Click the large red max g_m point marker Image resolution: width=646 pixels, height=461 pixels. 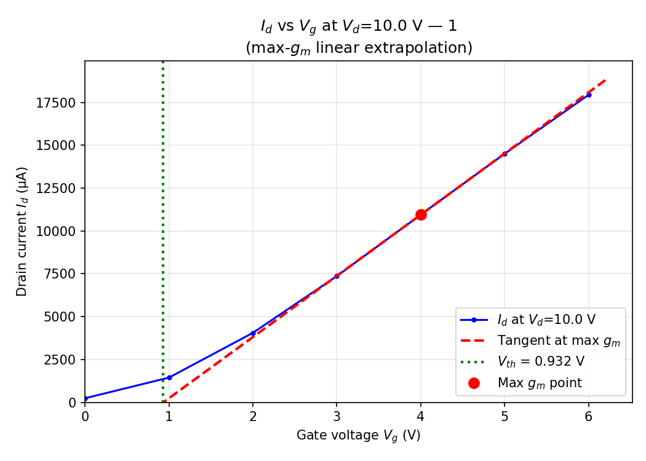(x=421, y=215)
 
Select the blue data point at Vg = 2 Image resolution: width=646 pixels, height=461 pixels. (x=253, y=333)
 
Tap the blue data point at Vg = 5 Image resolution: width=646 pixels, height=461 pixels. (x=504, y=154)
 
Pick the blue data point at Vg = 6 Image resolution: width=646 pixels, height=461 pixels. (x=589, y=95)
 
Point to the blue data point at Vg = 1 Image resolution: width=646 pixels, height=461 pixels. (x=169, y=377)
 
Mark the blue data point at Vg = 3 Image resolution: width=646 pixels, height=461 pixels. (x=337, y=276)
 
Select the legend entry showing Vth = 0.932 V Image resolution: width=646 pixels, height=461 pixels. (x=540, y=361)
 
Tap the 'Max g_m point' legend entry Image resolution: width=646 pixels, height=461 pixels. (x=539, y=383)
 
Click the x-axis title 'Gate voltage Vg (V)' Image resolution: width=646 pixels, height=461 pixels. (x=358, y=436)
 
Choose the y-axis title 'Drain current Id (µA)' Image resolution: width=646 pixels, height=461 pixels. (x=22, y=231)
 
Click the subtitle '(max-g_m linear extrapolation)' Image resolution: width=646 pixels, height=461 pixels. (x=359, y=47)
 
